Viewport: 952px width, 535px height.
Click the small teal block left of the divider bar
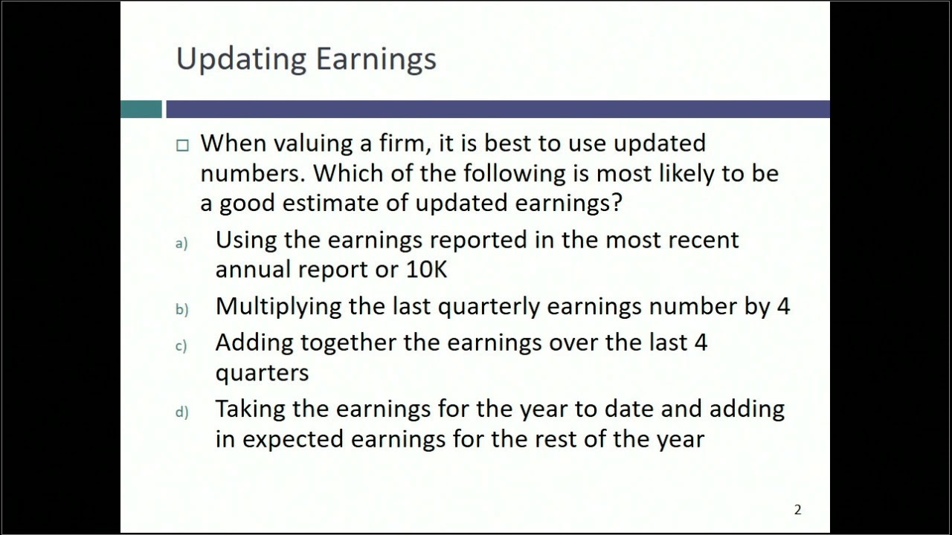(x=141, y=109)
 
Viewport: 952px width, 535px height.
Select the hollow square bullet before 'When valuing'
(x=182, y=146)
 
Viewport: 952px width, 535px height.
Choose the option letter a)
(x=181, y=244)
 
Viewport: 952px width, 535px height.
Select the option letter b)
(x=181, y=310)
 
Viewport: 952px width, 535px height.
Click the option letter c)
(x=181, y=346)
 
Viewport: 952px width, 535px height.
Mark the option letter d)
(x=181, y=412)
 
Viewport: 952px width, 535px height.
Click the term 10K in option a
(x=426, y=269)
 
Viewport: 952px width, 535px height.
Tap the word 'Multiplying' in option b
(x=278, y=306)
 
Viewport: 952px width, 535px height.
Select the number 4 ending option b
(x=782, y=306)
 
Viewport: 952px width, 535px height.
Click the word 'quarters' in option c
(x=262, y=373)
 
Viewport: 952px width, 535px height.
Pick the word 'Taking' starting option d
(x=250, y=409)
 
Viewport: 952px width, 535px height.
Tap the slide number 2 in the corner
(x=797, y=510)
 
